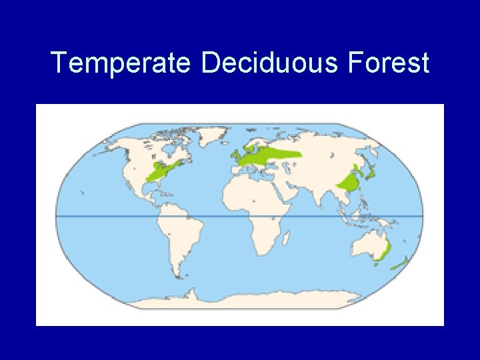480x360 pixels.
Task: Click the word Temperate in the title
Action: tap(121, 63)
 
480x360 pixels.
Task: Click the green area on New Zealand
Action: tap(399, 265)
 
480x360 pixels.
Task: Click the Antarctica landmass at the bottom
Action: tap(267, 300)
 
